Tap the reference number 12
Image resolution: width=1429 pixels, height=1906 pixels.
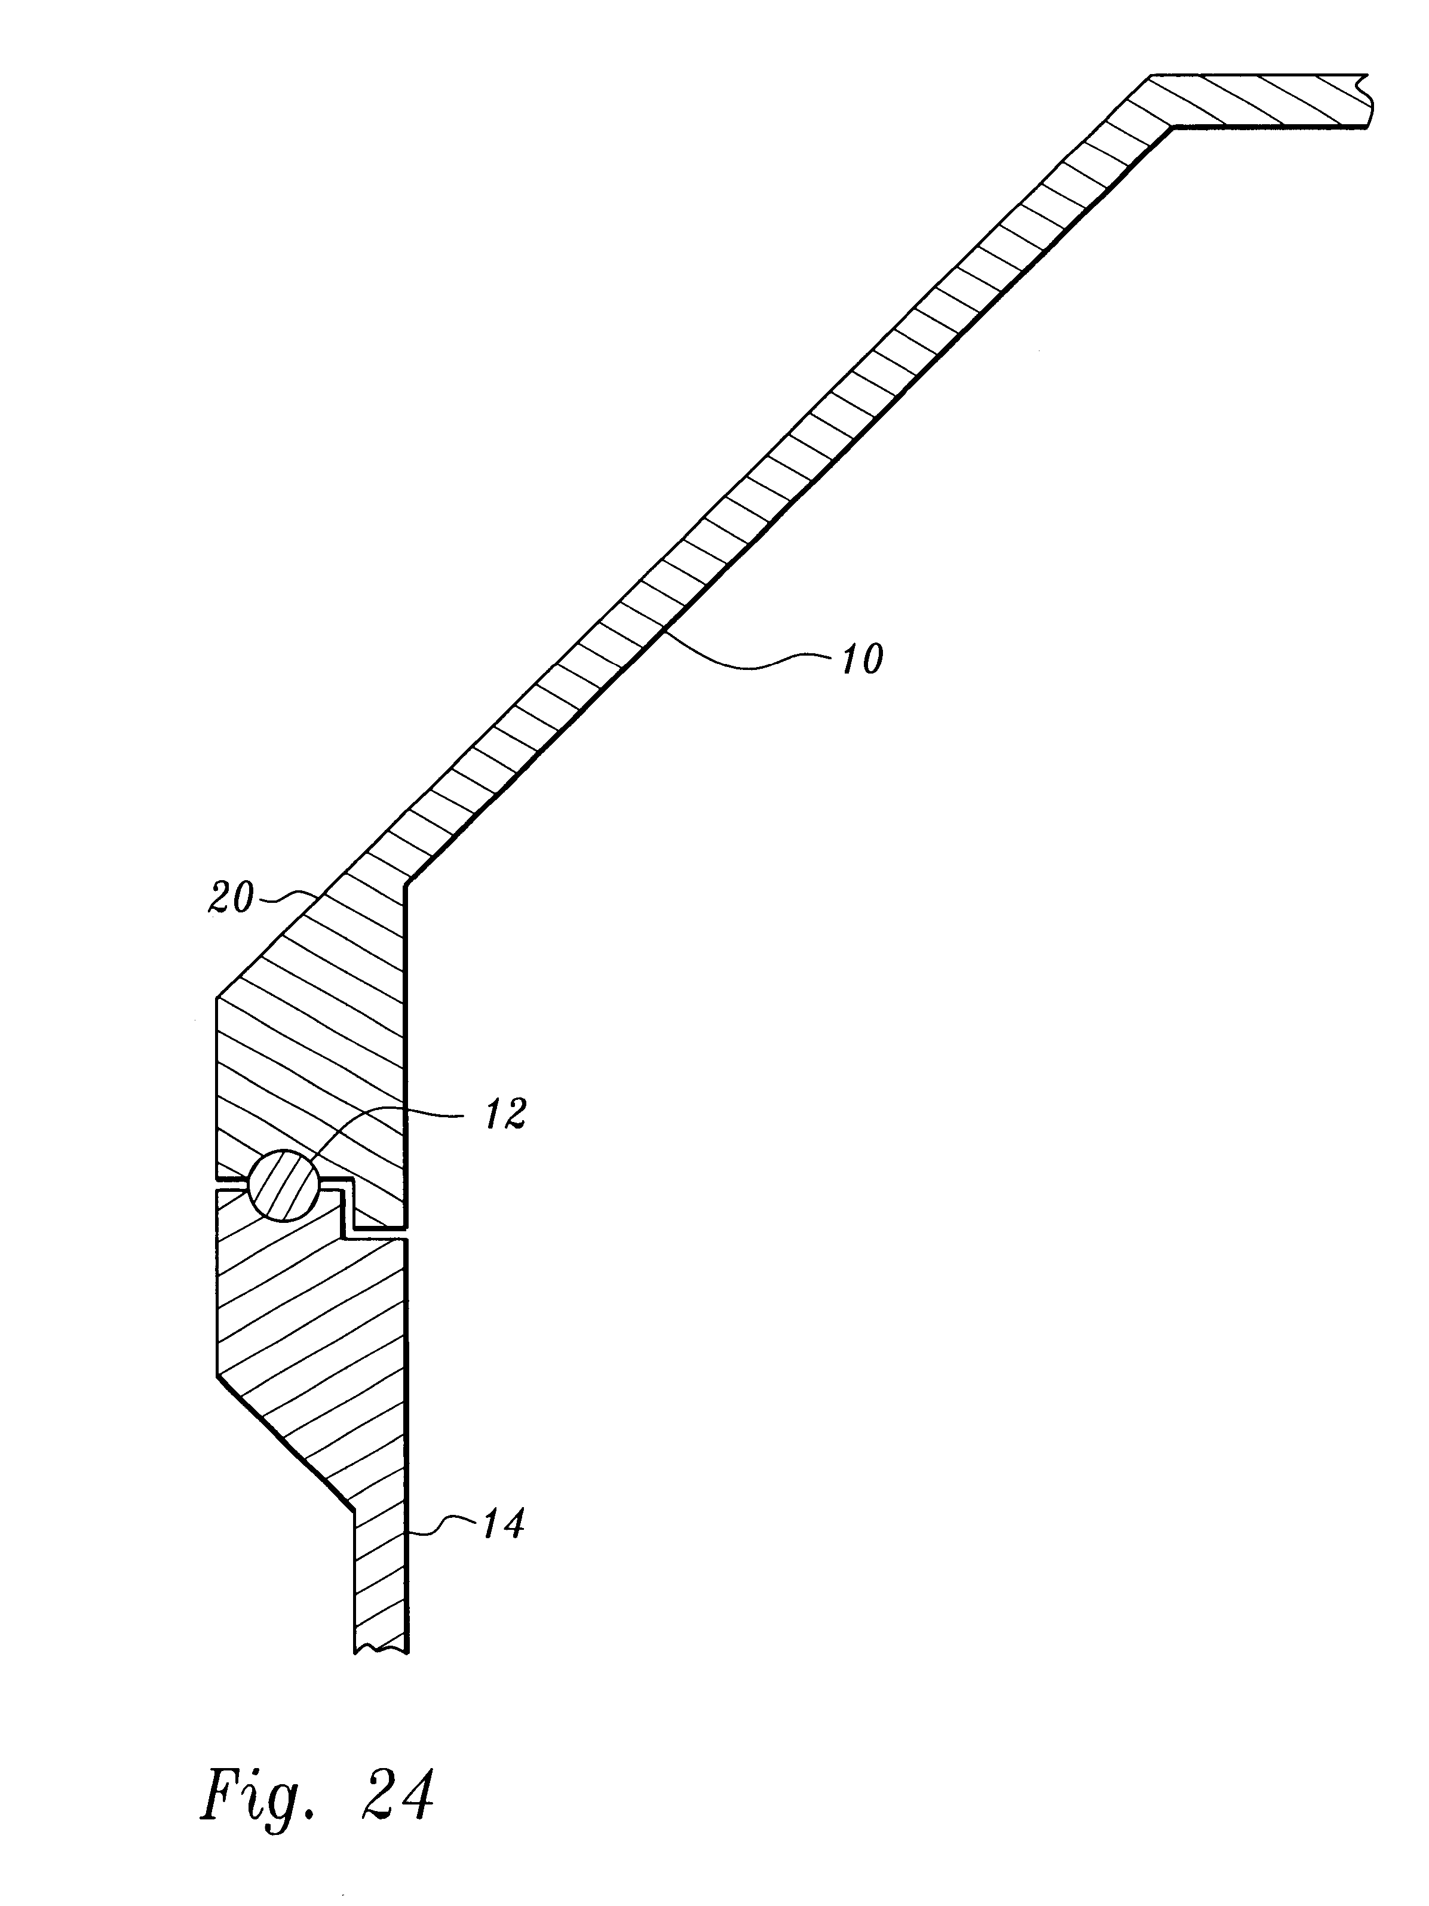506,1114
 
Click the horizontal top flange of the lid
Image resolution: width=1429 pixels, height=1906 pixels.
1258,102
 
